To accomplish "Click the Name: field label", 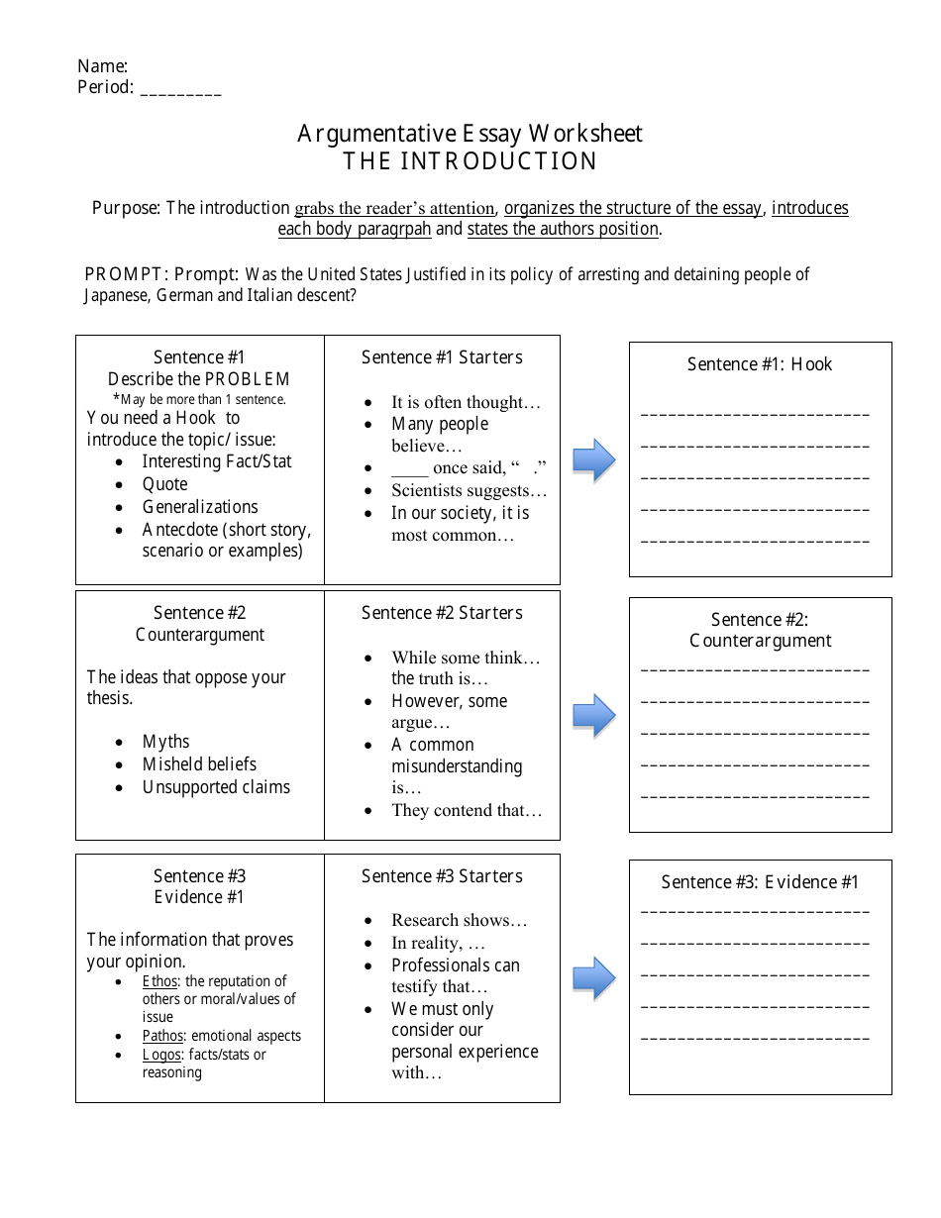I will coord(102,66).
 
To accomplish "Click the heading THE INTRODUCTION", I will coord(470,160).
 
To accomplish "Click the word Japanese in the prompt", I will coord(116,295).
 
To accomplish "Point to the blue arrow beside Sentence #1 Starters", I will coord(594,459).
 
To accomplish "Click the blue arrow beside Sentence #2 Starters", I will coord(594,715).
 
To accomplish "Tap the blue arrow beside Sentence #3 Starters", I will coord(594,978).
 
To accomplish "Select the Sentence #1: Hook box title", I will coord(760,364).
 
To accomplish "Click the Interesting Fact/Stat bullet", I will coord(216,461).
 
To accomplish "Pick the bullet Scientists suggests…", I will coord(469,490).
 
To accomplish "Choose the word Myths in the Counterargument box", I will coord(165,742).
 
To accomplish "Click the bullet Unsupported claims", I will coord(216,787).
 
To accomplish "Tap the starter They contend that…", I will coord(467,810).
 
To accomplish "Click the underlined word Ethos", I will coord(161,981).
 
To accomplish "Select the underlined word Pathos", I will coord(163,1036).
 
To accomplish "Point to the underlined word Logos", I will coord(161,1055).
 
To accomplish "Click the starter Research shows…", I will coord(459,920).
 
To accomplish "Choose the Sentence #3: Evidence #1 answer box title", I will coord(760,882).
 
